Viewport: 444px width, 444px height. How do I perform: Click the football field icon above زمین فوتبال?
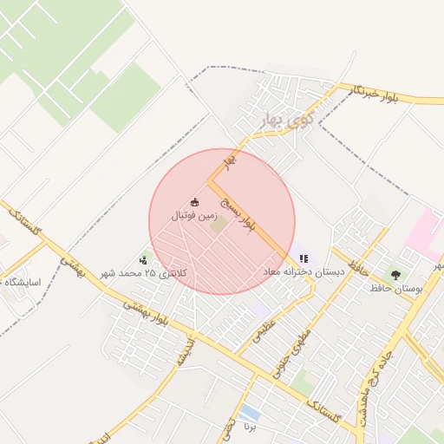(x=194, y=202)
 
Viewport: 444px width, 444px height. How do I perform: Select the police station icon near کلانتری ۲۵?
(x=143, y=259)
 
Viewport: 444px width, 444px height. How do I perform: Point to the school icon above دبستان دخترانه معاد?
(x=304, y=258)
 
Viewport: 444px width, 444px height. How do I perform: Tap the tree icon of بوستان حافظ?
(x=396, y=275)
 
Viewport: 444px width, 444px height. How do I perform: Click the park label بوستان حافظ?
(x=395, y=288)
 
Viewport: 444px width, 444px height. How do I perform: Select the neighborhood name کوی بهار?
(x=265, y=121)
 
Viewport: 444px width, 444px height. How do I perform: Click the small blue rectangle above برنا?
(x=251, y=410)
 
